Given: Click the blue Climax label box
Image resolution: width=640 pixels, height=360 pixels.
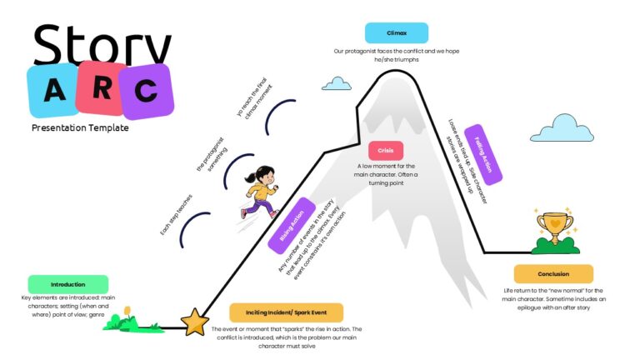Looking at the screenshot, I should pyautogui.click(x=397, y=32).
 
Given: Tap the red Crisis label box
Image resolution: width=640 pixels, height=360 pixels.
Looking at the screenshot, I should pyautogui.click(x=385, y=151).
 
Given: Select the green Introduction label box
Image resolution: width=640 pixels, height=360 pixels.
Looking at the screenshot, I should pyautogui.click(x=67, y=284).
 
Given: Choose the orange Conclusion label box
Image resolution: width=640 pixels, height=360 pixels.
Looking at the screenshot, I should pyautogui.click(x=553, y=273).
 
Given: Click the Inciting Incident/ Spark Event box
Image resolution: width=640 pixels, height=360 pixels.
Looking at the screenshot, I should pyautogui.click(x=285, y=312).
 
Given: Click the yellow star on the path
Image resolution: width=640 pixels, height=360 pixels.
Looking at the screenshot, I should pyautogui.click(x=195, y=321).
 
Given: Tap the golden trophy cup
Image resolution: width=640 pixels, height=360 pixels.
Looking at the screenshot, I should pyautogui.click(x=552, y=227).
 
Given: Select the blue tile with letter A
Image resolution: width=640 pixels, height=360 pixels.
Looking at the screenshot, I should pyautogui.click(x=52, y=91).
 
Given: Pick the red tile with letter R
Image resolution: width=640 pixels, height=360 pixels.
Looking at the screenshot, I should pyautogui.click(x=100, y=87).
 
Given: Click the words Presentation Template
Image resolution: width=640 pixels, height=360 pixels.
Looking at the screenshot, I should pyautogui.click(x=80, y=128).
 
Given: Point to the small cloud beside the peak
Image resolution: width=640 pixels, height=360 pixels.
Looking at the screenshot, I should pyautogui.click(x=337, y=83).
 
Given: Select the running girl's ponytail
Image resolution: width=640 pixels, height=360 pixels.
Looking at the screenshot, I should pyautogui.click(x=251, y=177).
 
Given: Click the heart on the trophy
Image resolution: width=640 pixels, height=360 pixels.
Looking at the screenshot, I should pyautogui.click(x=552, y=222).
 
